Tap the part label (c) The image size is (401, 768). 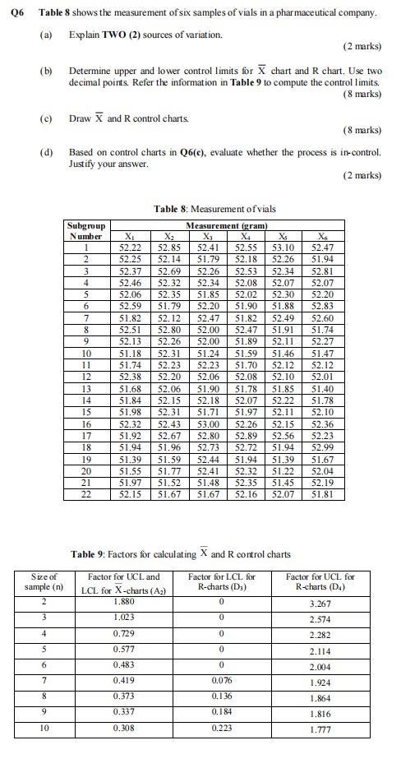tap(46, 118)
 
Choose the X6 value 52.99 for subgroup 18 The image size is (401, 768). tap(322, 446)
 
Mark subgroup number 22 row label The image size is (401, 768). tap(85, 493)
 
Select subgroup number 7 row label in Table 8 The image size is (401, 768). tap(85, 317)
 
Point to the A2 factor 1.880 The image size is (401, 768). tap(124, 602)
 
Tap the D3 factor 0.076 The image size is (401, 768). tap(222, 681)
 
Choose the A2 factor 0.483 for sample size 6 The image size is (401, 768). tap(124, 664)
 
